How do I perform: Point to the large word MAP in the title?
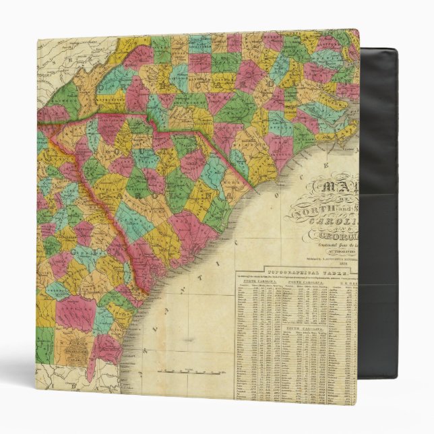click(x=340, y=191)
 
